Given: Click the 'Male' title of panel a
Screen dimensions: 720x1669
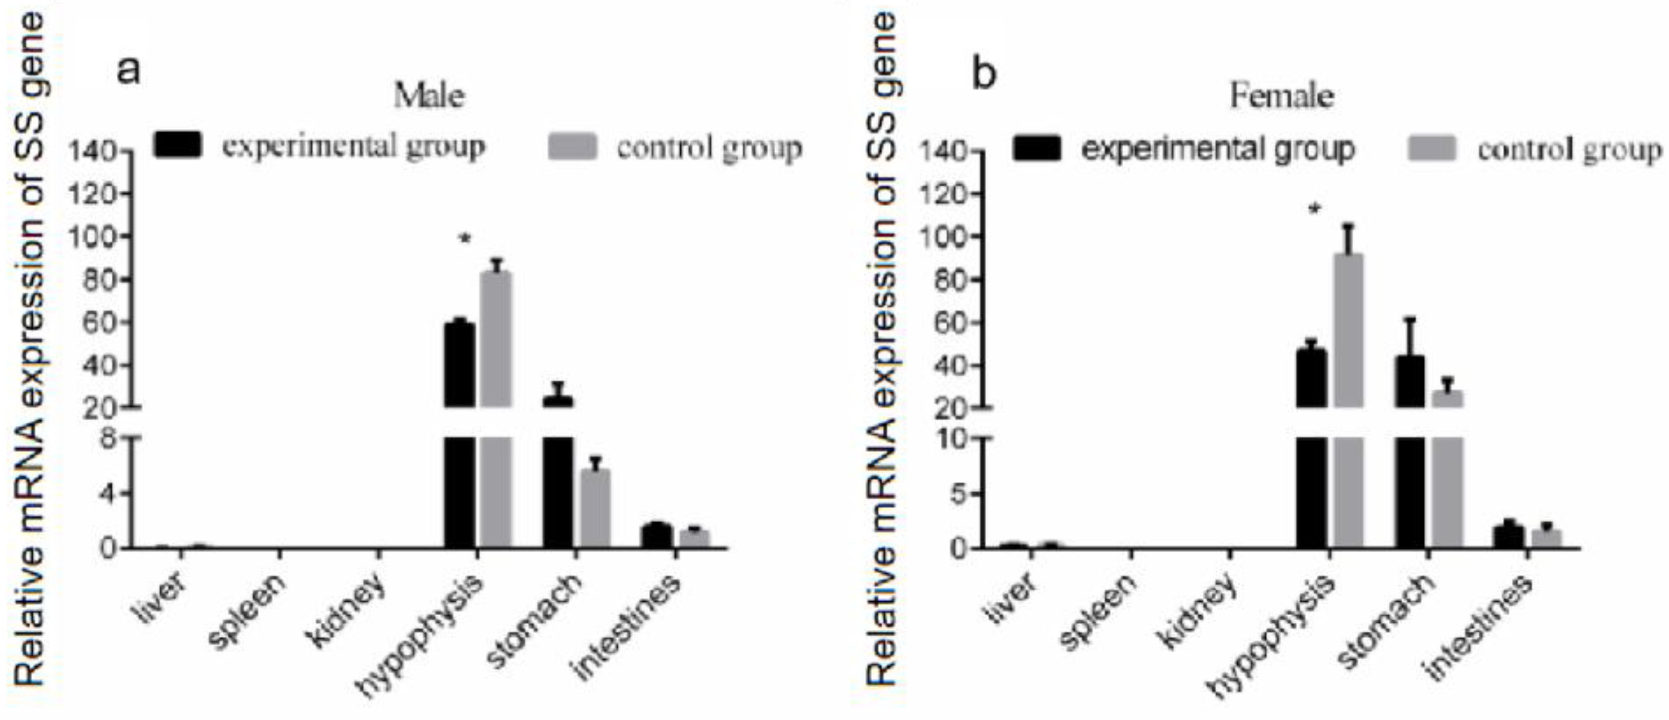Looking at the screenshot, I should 429,96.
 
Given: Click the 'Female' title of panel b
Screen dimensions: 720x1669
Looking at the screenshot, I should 1281,96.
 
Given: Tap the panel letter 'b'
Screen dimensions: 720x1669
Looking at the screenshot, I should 984,74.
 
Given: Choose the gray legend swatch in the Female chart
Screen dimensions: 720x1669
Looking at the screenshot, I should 1433,149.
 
